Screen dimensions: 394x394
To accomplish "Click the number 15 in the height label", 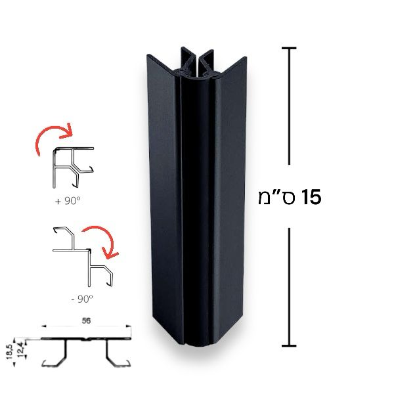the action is [311, 197].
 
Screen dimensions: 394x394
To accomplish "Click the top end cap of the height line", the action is [289, 48].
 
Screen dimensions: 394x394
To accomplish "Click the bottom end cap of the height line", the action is [289, 346].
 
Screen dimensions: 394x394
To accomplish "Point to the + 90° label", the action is [68, 201].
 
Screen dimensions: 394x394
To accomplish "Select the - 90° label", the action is [82, 299].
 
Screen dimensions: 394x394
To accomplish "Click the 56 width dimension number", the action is [86, 321].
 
